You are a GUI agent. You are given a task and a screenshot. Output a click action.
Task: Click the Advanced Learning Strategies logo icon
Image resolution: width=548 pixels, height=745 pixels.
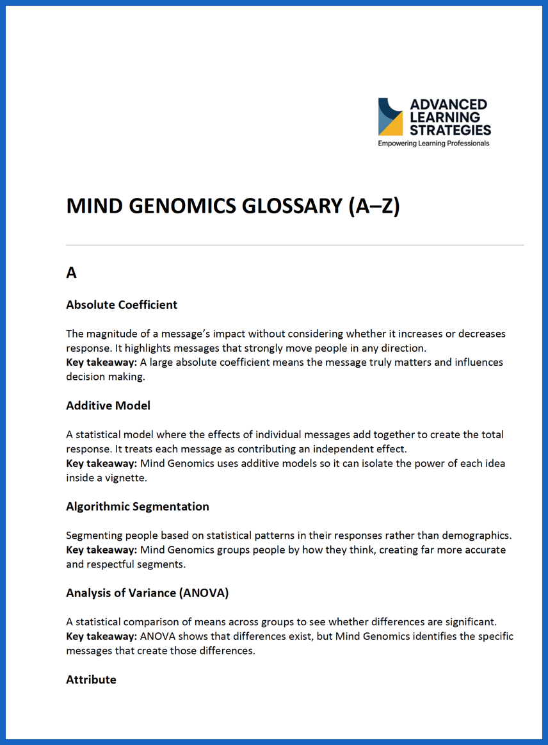pos(391,117)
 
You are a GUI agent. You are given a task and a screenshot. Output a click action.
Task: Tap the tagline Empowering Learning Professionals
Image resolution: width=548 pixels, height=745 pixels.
pos(433,143)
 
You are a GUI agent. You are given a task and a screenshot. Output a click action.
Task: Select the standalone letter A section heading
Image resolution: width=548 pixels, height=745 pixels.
pos(71,273)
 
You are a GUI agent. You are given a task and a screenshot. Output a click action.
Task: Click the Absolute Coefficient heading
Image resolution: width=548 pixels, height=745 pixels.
pos(122,305)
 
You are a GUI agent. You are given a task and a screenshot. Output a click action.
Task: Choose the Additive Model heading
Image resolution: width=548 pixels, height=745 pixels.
pos(108,405)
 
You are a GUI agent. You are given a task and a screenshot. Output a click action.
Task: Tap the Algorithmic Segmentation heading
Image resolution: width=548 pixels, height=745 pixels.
pos(138,507)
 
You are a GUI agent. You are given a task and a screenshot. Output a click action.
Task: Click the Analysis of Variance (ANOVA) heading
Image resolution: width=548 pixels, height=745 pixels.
pos(147,593)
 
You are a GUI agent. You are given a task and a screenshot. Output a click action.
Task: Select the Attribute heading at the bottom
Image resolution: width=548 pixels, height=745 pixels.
pos(91,680)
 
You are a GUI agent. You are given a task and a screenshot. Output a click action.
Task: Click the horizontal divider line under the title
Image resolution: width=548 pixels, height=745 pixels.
pos(294,245)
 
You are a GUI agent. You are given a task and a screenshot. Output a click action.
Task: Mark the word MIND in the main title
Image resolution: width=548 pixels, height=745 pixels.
pos(90,206)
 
